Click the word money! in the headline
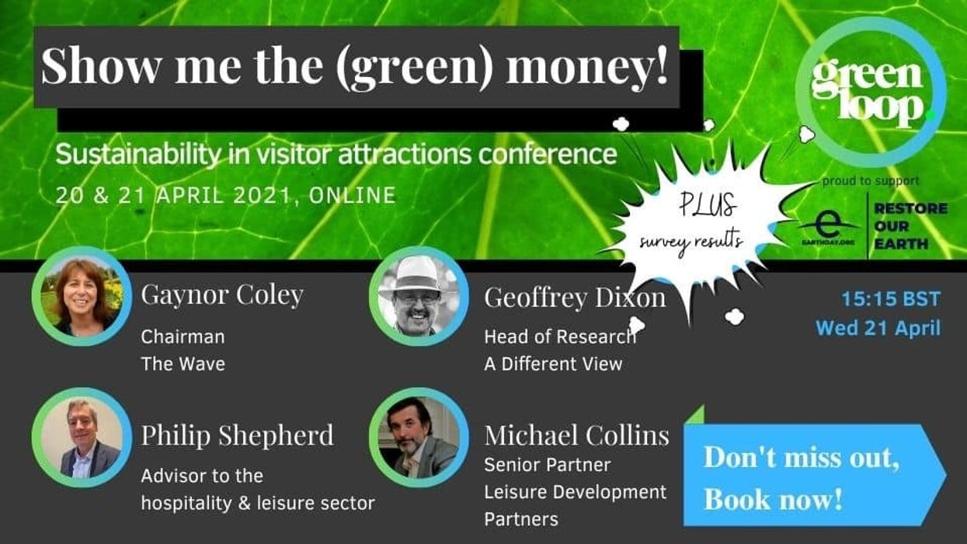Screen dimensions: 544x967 (587, 67)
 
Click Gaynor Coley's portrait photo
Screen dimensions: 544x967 (82, 296)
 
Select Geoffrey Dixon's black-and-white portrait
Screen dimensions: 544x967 (419, 296)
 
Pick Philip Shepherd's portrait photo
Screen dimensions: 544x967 (82, 438)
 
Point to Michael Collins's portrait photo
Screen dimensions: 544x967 (419, 438)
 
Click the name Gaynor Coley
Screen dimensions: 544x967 (222, 295)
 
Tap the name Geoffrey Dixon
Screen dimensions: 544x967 (575, 297)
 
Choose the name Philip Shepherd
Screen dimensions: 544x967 (237, 435)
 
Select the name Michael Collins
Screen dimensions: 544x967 (576, 436)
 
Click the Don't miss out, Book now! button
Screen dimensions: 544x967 (808, 475)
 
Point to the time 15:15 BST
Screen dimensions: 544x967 (891, 299)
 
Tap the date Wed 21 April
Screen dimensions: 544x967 (878, 328)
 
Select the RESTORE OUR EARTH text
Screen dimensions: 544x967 (911, 225)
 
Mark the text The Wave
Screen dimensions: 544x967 (183, 363)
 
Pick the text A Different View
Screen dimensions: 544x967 (553, 364)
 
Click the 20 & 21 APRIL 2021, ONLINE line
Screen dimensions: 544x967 (225, 195)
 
